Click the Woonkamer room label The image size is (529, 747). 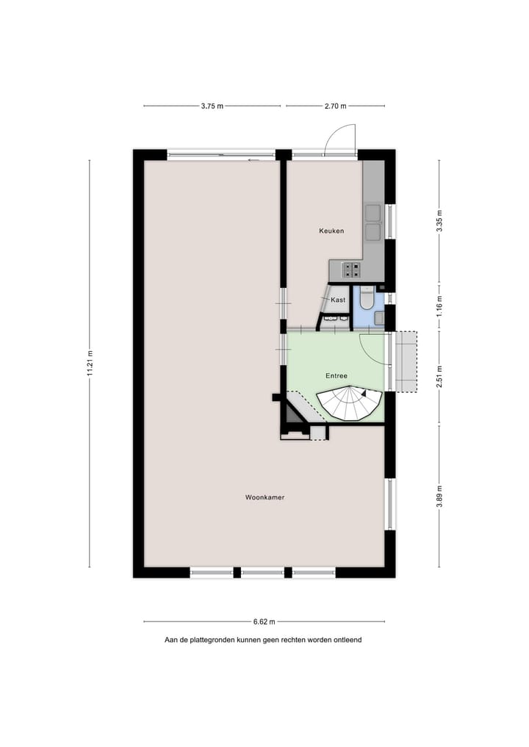(264, 497)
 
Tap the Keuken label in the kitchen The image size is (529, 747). (331, 231)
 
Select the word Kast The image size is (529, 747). (338, 300)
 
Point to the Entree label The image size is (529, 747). (337, 375)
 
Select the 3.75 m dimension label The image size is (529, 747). (212, 106)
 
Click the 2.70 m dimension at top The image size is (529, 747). (335, 106)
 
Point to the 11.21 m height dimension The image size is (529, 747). (90, 363)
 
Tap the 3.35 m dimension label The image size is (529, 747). (439, 221)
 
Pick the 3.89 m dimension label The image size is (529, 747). (439, 495)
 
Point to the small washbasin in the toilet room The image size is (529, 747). (379, 317)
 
